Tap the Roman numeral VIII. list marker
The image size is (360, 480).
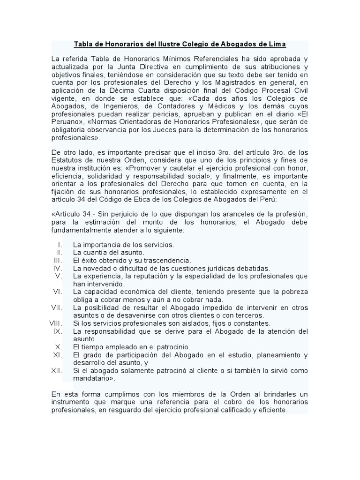pyautogui.click(x=55, y=323)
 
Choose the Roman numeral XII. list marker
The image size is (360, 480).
pyautogui.click(x=57, y=371)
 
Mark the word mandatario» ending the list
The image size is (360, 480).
pyautogui.click(x=94, y=378)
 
